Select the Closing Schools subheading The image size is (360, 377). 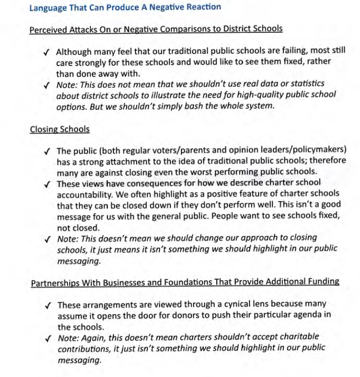(x=59, y=129)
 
